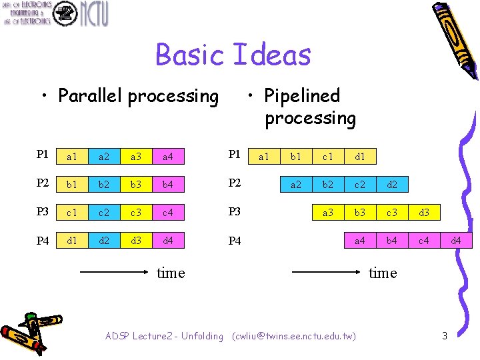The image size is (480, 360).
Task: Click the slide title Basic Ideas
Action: point(233,55)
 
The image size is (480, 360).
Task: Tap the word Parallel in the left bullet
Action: point(91,97)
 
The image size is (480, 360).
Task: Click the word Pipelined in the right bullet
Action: point(302,96)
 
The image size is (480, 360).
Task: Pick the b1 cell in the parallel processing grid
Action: point(71,184)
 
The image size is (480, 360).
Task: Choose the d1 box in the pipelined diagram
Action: point(361,157)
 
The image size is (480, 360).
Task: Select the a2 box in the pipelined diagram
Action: point(295,184)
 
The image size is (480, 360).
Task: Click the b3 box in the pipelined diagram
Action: point(361,212)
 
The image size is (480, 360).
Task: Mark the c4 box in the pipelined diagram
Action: point(425,240)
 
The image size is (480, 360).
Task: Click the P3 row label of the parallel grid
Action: point(43,212)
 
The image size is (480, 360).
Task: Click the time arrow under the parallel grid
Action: point(113,272)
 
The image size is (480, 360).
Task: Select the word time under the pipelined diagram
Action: point(383,273)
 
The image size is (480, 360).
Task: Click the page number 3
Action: point(445,336)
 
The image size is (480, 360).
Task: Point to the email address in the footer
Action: point(294,336)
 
